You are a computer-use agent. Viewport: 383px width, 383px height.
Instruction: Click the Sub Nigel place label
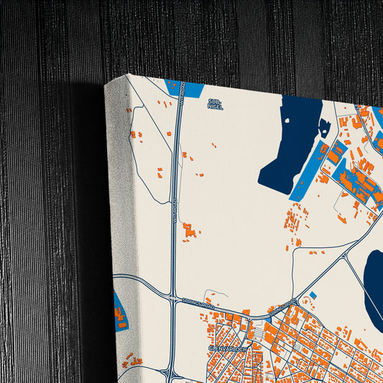pyautogui.click(x=215, y=104)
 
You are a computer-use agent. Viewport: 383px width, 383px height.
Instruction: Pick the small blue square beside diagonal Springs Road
pyautogui.click(x=313, y=295)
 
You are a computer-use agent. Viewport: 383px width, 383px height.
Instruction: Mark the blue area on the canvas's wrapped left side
pyautogui.click(x=120, y=310)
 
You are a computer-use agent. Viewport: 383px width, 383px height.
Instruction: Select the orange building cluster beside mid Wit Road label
pyautogui.click(x=189, y=230)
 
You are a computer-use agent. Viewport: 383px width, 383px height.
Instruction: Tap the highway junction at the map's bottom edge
pyautogui.click(x=170, y=374)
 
